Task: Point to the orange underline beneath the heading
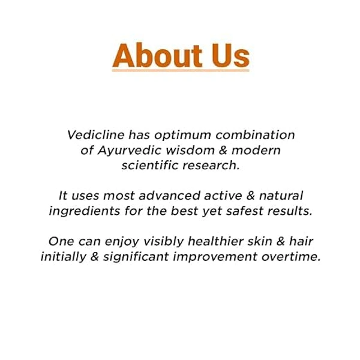180,71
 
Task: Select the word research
214,166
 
